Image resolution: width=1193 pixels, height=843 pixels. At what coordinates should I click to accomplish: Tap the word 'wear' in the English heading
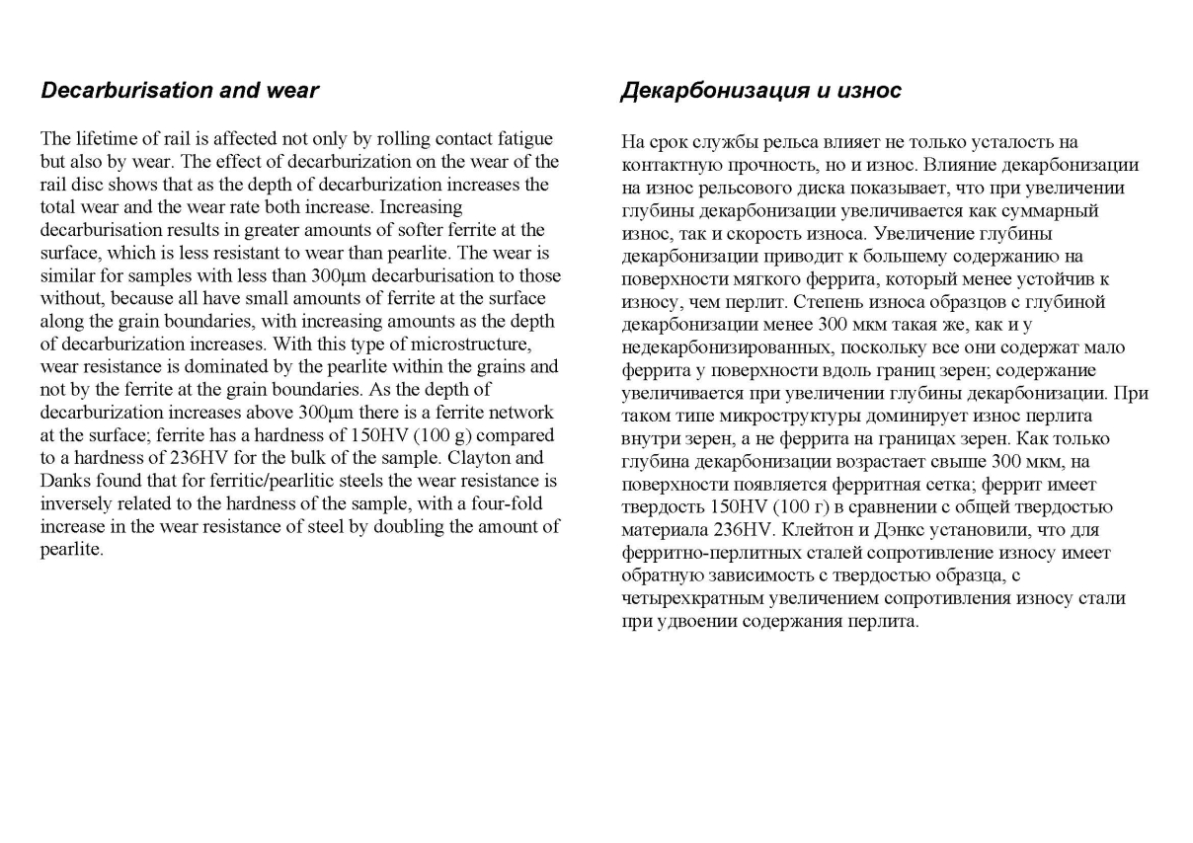[292, 91]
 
